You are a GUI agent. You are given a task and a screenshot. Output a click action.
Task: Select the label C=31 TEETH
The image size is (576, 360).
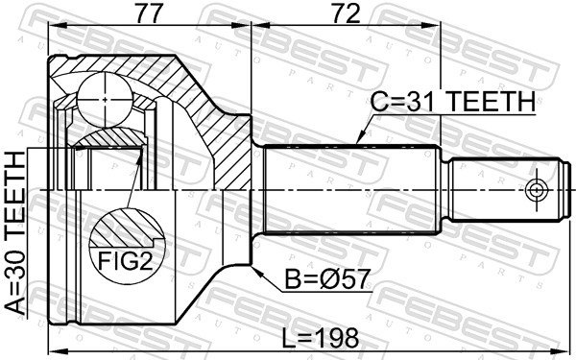point(451,101)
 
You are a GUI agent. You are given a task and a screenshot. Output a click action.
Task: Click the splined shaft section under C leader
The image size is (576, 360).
point(350,190)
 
